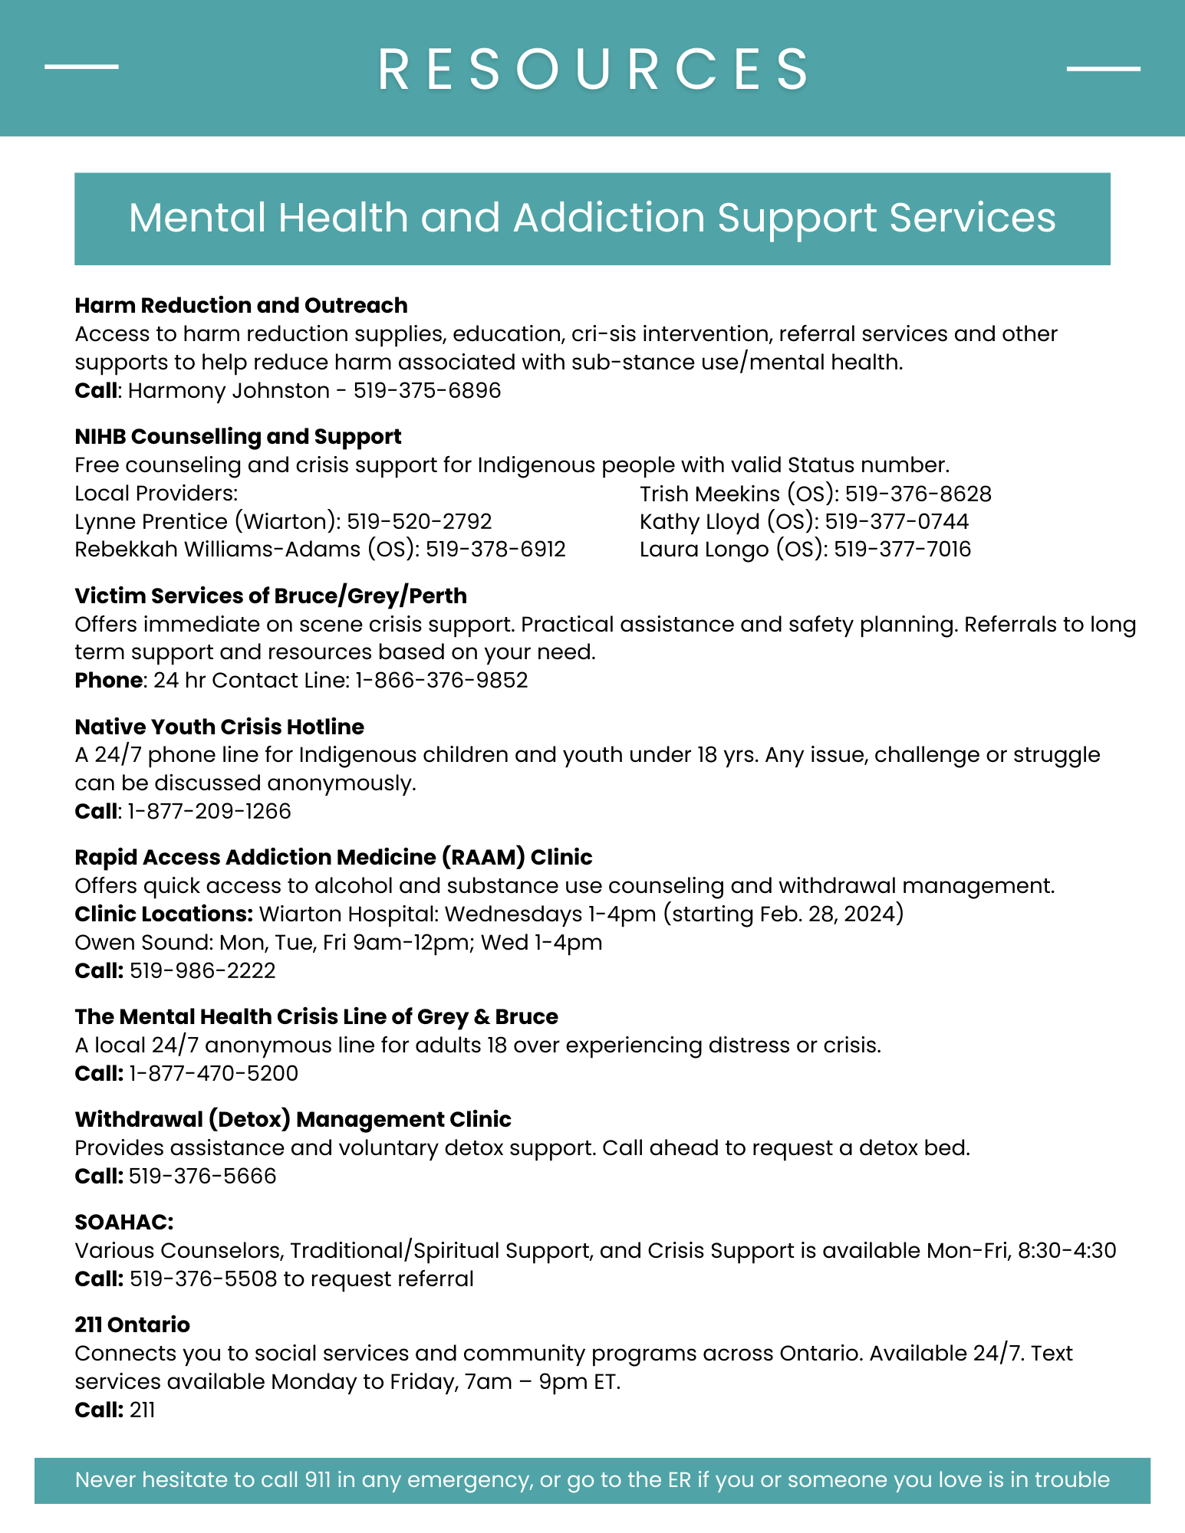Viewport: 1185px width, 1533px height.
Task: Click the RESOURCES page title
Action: [592, 69]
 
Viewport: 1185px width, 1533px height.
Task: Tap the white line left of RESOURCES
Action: [81, 67]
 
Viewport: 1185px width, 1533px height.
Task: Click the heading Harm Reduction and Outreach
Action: [241, 305]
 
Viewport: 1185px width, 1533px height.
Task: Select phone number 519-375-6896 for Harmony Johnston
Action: [426, 391]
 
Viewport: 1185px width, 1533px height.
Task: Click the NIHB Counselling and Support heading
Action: [238, 436]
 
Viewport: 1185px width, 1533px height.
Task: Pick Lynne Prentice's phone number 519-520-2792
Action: [419, 522]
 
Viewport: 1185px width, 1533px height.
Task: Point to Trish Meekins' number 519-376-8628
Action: [918, 494]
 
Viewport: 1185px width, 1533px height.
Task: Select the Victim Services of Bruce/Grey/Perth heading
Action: [270, 596]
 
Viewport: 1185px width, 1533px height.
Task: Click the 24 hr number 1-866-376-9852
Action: [441, 681]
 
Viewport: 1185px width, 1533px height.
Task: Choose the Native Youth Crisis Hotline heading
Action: [219, 727]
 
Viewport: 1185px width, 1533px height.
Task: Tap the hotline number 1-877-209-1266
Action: [209, 812]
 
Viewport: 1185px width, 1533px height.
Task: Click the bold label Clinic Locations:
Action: [163, 914]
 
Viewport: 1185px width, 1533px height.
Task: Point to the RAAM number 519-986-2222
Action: [202, 971]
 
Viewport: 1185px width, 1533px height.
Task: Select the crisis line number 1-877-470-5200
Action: [213, 1073]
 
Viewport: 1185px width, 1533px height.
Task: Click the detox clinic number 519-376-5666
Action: [202, 1176]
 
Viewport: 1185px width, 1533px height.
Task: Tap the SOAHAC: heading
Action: [124, 1222]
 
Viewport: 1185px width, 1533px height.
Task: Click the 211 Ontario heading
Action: [132, 1325]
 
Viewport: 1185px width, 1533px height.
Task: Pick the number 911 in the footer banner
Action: [318, 1479]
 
